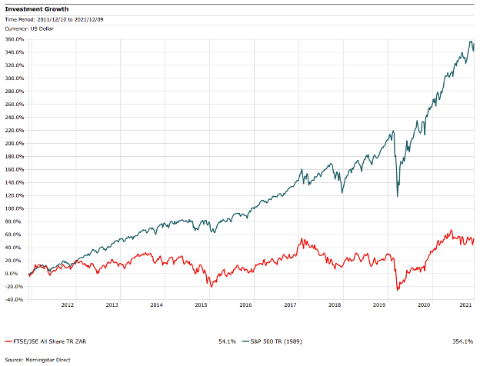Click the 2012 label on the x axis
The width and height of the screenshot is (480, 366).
coord(68,305)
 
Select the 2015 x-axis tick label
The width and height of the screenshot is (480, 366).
coord(201,305)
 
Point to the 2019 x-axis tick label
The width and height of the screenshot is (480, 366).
coord(378,305)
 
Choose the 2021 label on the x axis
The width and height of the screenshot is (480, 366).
coord(466,305)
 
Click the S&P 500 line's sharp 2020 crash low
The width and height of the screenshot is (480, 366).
coord(397,196)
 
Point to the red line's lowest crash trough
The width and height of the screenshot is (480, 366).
coord(397,290)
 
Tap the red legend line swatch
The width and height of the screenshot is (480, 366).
coord(7,339)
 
